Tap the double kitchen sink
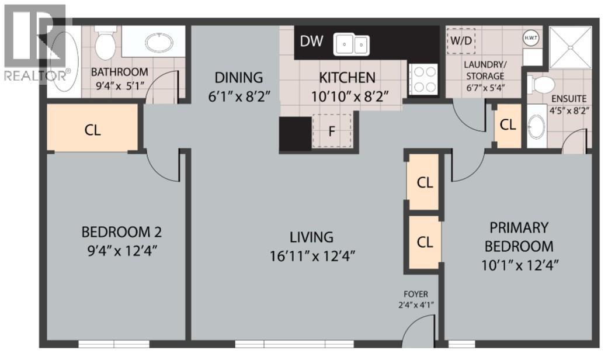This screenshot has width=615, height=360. coord(352,44)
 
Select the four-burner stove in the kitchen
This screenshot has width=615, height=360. coord(423,79)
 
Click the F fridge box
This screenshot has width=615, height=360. coord(332,131)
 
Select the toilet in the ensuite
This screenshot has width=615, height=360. coord(540,85)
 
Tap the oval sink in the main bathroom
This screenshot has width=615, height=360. coord(158,43)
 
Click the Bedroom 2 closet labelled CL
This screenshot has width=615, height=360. coord(92,130)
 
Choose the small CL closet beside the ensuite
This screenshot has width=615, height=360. coord(508,124)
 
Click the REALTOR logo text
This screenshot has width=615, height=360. coord(36,74)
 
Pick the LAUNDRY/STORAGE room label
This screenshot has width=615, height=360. coord(485,71)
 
